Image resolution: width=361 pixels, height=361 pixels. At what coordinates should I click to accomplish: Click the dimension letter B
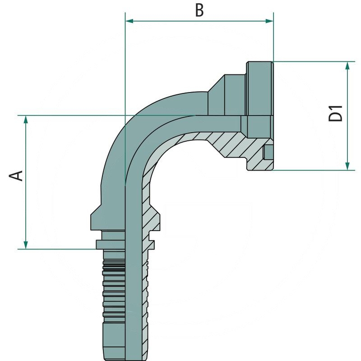(x=199, y=10)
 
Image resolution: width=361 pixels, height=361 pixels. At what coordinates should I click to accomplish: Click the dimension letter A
(x=17, y=175)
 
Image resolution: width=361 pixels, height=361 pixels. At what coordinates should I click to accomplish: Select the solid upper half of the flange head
(x=259, y=88)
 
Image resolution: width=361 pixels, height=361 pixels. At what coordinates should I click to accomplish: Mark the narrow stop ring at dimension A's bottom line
(x=109, y=244)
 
